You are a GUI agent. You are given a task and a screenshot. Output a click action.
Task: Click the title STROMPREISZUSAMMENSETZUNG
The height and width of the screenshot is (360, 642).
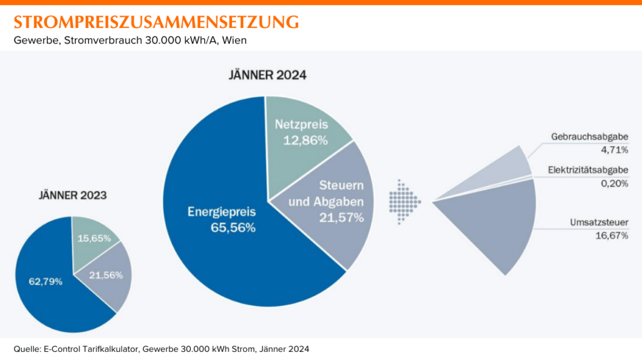point(156,22)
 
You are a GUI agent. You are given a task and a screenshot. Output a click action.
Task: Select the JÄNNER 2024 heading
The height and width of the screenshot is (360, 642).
point(268,76)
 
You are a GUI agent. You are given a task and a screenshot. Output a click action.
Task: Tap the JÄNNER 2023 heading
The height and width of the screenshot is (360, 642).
point(73,195)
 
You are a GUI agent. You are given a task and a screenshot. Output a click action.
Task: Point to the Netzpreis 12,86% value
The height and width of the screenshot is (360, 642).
point(305,140)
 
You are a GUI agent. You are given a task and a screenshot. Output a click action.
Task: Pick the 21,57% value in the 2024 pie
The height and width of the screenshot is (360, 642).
point(341,217)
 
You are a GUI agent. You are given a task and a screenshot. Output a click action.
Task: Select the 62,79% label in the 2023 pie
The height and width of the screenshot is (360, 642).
point(46,282)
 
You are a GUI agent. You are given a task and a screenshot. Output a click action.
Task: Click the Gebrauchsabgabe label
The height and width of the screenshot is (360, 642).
point(589,137)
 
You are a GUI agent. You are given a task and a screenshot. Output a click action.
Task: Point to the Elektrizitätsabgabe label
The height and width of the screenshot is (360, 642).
point(588,170)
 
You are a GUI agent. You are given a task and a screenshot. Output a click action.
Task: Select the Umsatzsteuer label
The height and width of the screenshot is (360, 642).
point(598,222)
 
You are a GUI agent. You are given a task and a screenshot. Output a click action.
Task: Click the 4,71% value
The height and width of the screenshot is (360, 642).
point(615,149)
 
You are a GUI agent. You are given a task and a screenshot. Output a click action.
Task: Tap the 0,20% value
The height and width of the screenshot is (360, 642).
point(615,182)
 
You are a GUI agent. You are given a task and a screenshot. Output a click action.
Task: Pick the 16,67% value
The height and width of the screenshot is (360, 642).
point(613,235)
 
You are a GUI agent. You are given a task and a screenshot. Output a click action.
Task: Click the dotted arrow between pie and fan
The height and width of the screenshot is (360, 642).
point(404,201)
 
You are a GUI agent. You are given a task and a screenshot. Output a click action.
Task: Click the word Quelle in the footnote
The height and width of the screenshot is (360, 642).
point(27,349)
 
